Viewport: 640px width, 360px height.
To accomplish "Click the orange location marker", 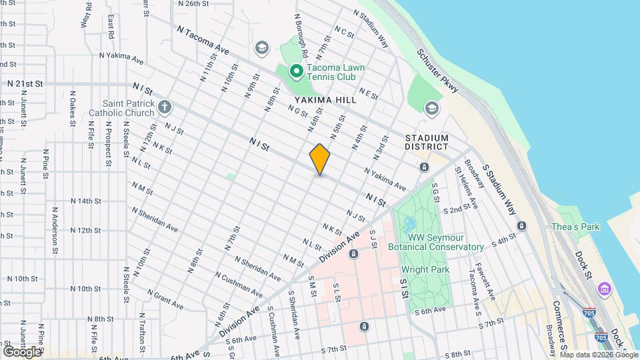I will click(x=320, y=159).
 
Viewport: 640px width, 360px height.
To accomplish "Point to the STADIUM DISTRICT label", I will click(x=427, y=142).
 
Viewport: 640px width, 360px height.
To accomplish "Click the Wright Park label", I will click(x=425, y=269).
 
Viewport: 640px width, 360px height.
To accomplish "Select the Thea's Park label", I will click(x=575, y=227).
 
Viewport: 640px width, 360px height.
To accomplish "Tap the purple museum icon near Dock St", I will click(x=605, y=289).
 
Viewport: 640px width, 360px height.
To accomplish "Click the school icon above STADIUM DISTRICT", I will click(x=432, y=107).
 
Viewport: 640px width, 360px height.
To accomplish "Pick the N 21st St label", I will click(x=25, y=84).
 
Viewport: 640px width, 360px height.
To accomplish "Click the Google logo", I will click(x=23, y=351).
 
